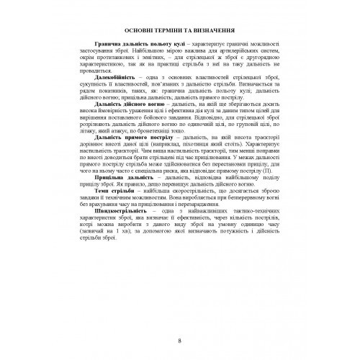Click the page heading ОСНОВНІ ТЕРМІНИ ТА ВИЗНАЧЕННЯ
[179, 32]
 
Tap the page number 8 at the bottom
[179, 320]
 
